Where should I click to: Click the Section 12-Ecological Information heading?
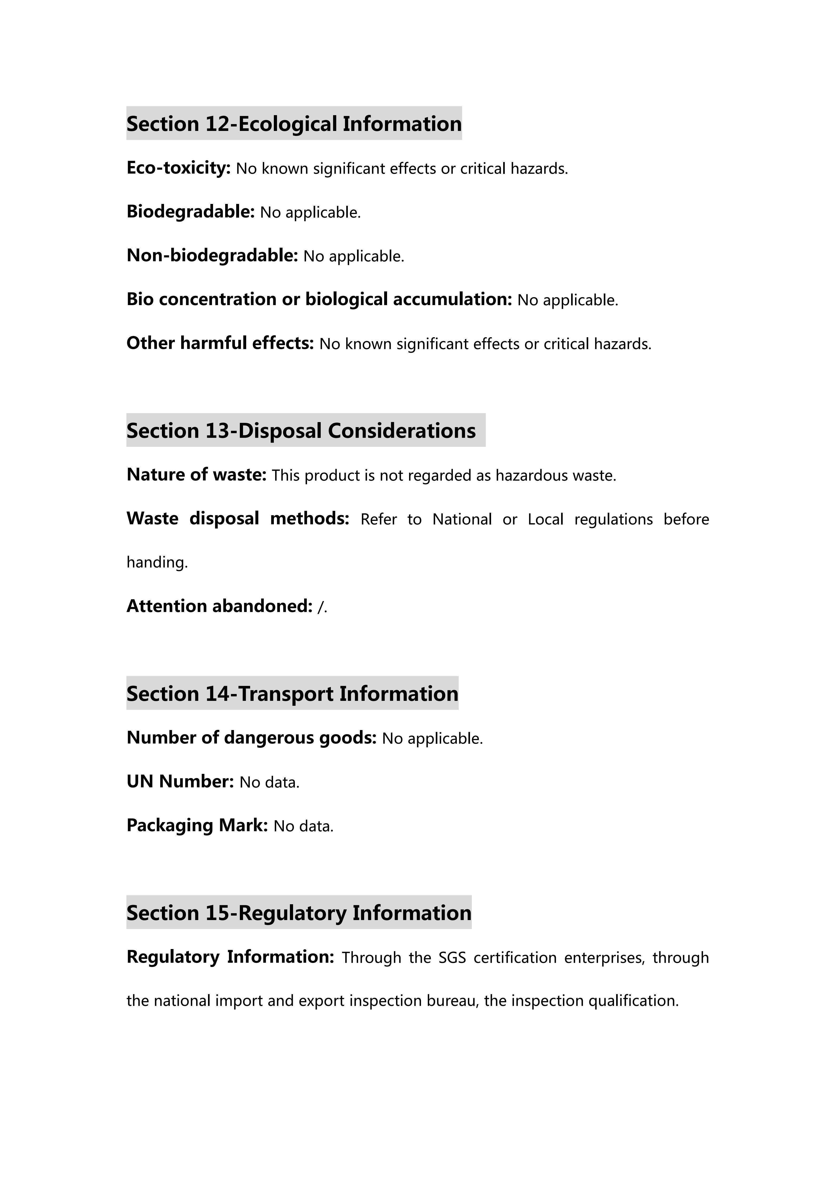[294, 124]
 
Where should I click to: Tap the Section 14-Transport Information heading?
[292, 693]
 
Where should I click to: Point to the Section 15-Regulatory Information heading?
[299, 912]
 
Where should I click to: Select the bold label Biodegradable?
[190, 212]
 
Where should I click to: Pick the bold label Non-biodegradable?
[212, 256]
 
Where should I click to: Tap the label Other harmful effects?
[220, 343]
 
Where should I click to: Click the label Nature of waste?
[196, 475]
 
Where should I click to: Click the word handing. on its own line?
[157, 562]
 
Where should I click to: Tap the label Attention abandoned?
[219, 606]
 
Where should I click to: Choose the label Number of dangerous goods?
[251, 738]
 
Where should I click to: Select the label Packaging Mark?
[197, 825]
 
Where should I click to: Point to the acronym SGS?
[452, 957]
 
